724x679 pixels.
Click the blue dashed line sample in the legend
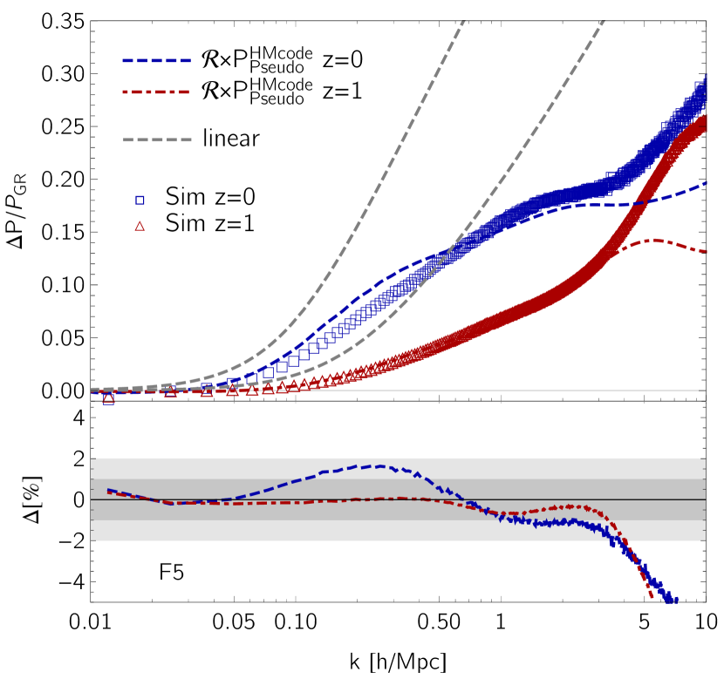click(x=156, y=61)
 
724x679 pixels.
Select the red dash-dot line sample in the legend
click(x=156, y=92)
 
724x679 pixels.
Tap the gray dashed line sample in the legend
click(x=156, y=139)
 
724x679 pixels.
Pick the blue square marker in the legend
click(x=140, y=200)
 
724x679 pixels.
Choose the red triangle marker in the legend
click(x=140, y=227)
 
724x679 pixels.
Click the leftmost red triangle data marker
click(x=108, y=397)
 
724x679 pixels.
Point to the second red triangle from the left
click(x=170, y=391)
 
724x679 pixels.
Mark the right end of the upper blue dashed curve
click(x=706, y=184)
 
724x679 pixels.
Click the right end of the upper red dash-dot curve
click(x=706, y=252)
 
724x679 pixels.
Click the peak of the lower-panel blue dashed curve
click(x=379, y=465)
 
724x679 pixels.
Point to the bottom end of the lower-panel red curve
click(x=652, y=598)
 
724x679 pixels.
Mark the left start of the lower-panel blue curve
click(x=107, y=490)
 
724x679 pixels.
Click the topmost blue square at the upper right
click(x=701, y=86)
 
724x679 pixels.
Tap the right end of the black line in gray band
click(x=704, y=499)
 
